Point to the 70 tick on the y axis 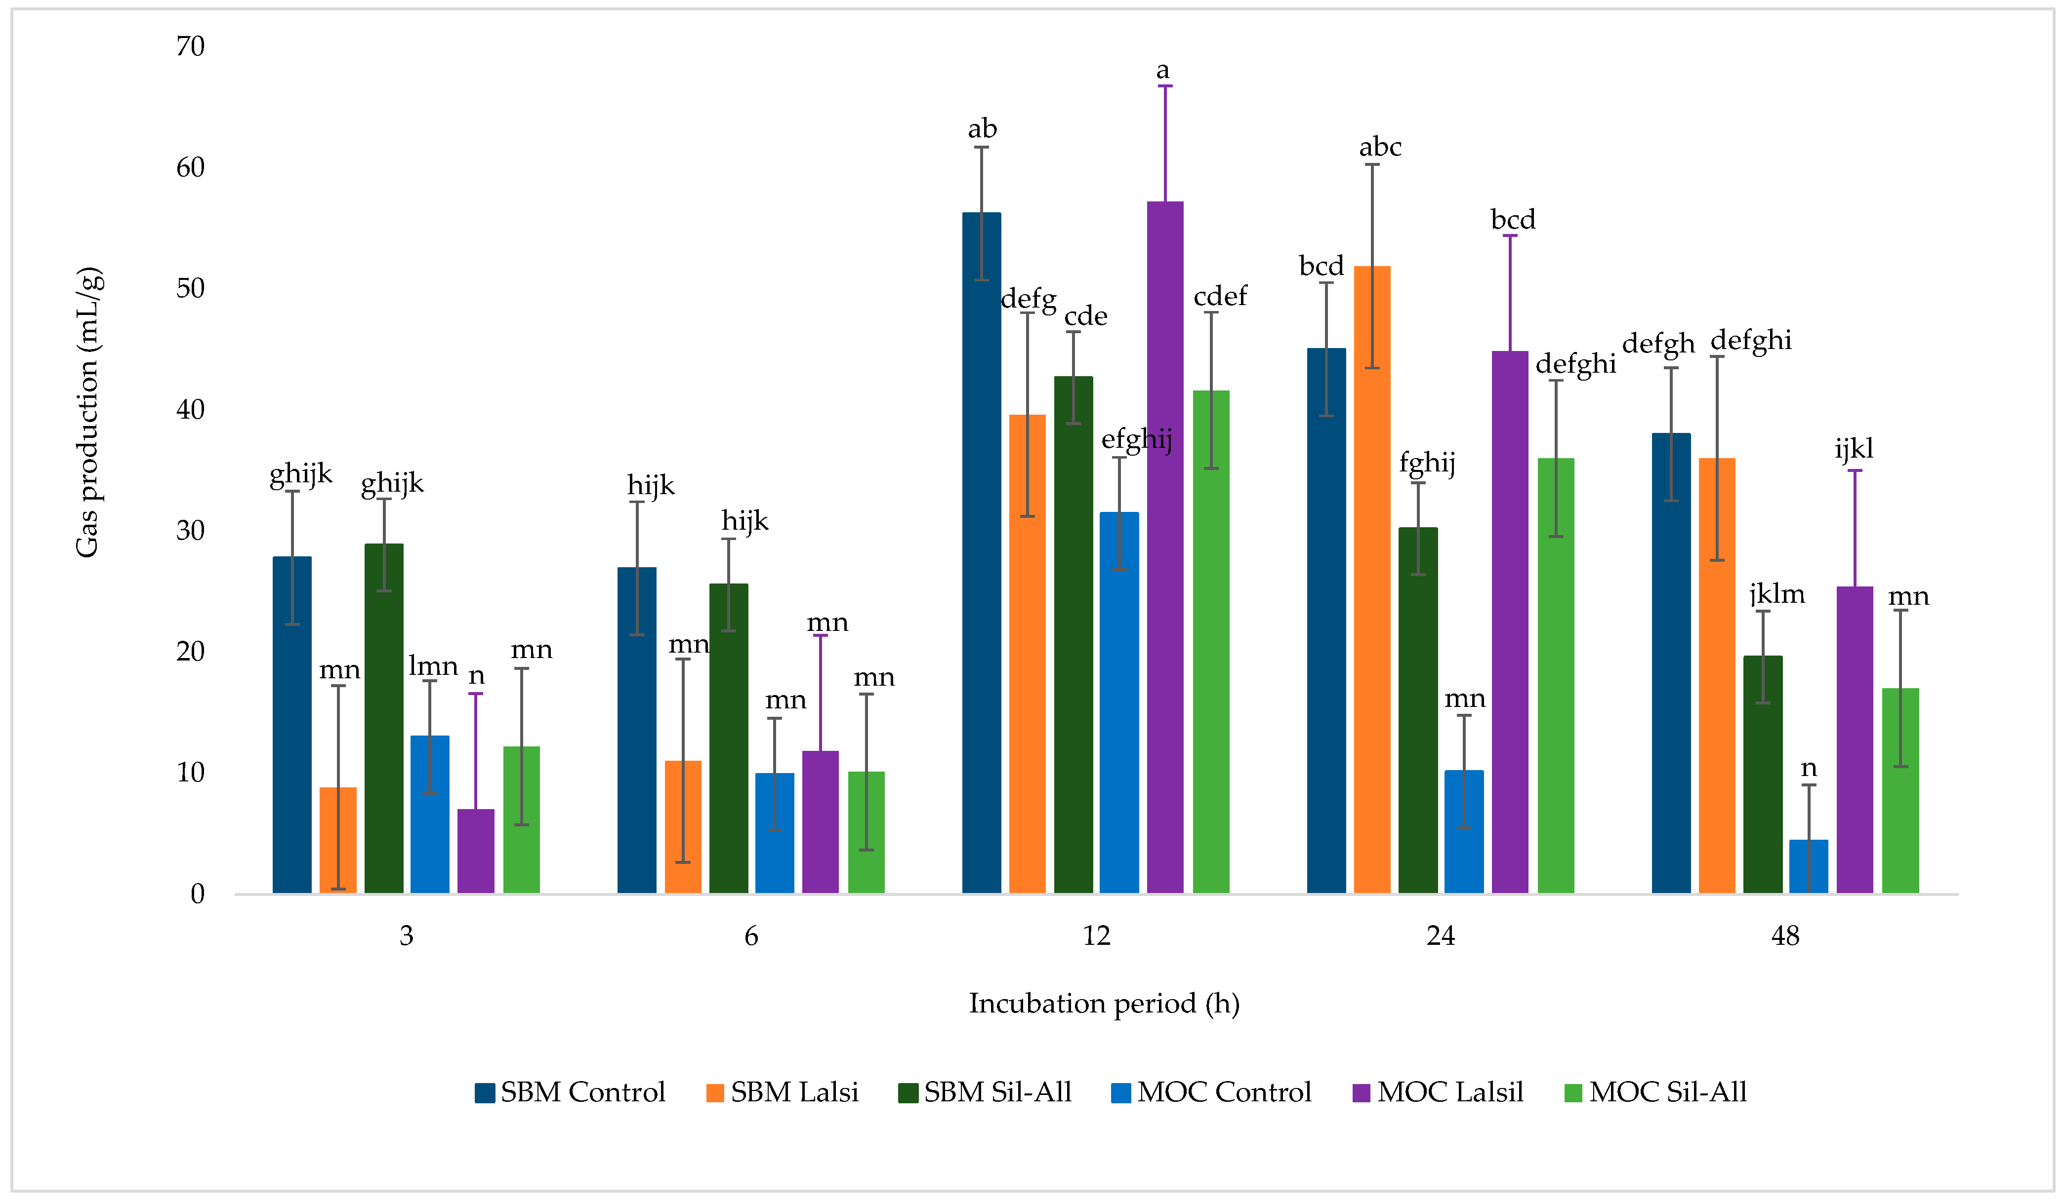(190, 47)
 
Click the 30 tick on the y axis (190, 531)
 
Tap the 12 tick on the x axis (1096, 935)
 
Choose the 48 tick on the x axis (1785, 935)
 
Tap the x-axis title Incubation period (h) (1104, 1003)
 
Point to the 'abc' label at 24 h (1380, 148)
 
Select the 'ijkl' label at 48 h (1854, 449)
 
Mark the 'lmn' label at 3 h (433, 666)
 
